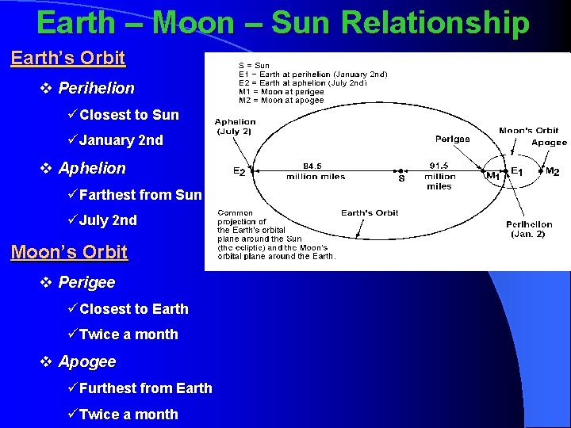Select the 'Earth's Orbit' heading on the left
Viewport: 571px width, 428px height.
(x=68, y=58)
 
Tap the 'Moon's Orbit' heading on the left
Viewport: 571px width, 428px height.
(x=69, y=252)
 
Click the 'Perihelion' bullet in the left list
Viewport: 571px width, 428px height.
(x=96, y=88)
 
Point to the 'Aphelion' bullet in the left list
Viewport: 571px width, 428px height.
(x=92, y=168)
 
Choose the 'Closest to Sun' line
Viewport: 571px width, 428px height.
(x=128, y=115)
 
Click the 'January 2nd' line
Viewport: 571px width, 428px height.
(x=121, y=140)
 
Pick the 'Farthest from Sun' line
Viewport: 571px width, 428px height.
(x=140, y=194)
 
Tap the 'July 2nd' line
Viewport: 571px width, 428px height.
(x=108, y=220)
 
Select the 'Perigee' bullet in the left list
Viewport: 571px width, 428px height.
(x=86, y=282)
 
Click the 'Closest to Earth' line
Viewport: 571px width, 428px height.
(x=133, y=308)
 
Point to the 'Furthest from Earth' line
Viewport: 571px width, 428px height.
(x=145, y=388)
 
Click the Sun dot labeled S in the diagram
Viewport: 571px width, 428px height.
(x=401, y=170)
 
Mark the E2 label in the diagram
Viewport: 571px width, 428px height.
(x=239, y=170)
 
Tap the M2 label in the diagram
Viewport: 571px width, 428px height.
(x=552, y=171)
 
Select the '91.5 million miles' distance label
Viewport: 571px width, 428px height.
(x=439, y=176)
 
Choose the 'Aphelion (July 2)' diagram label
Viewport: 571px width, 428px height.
(x=236, y=126)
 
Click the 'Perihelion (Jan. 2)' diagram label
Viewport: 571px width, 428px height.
(x=529, y=229)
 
